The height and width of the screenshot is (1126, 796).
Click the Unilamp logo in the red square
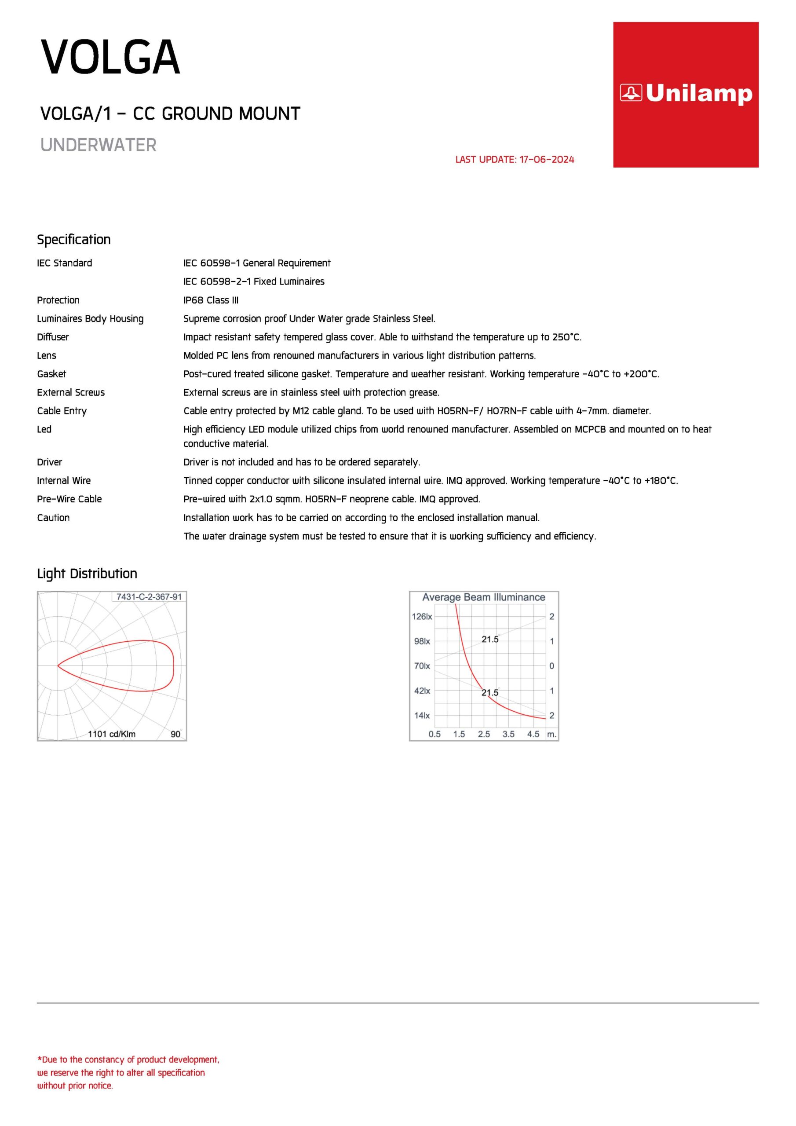tap(686, 94)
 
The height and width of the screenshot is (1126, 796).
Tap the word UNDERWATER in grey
tap(98, 145)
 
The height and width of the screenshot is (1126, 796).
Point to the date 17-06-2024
tap(546, 159)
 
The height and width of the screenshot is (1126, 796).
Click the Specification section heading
tap(73, 239)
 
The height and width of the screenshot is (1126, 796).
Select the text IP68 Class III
tap(211, 300)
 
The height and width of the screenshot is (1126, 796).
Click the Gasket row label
tap(51, 374)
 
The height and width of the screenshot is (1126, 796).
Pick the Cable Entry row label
tap(62, 411)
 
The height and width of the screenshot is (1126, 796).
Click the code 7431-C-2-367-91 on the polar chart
tap(149, 597)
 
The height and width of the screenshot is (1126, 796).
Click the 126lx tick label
tap(422, 617)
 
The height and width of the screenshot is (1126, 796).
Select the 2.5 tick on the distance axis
tap(484, 734)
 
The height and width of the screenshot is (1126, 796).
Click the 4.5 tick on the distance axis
tap(533, 734)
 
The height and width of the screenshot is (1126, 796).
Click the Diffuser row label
tap(53, 337)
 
